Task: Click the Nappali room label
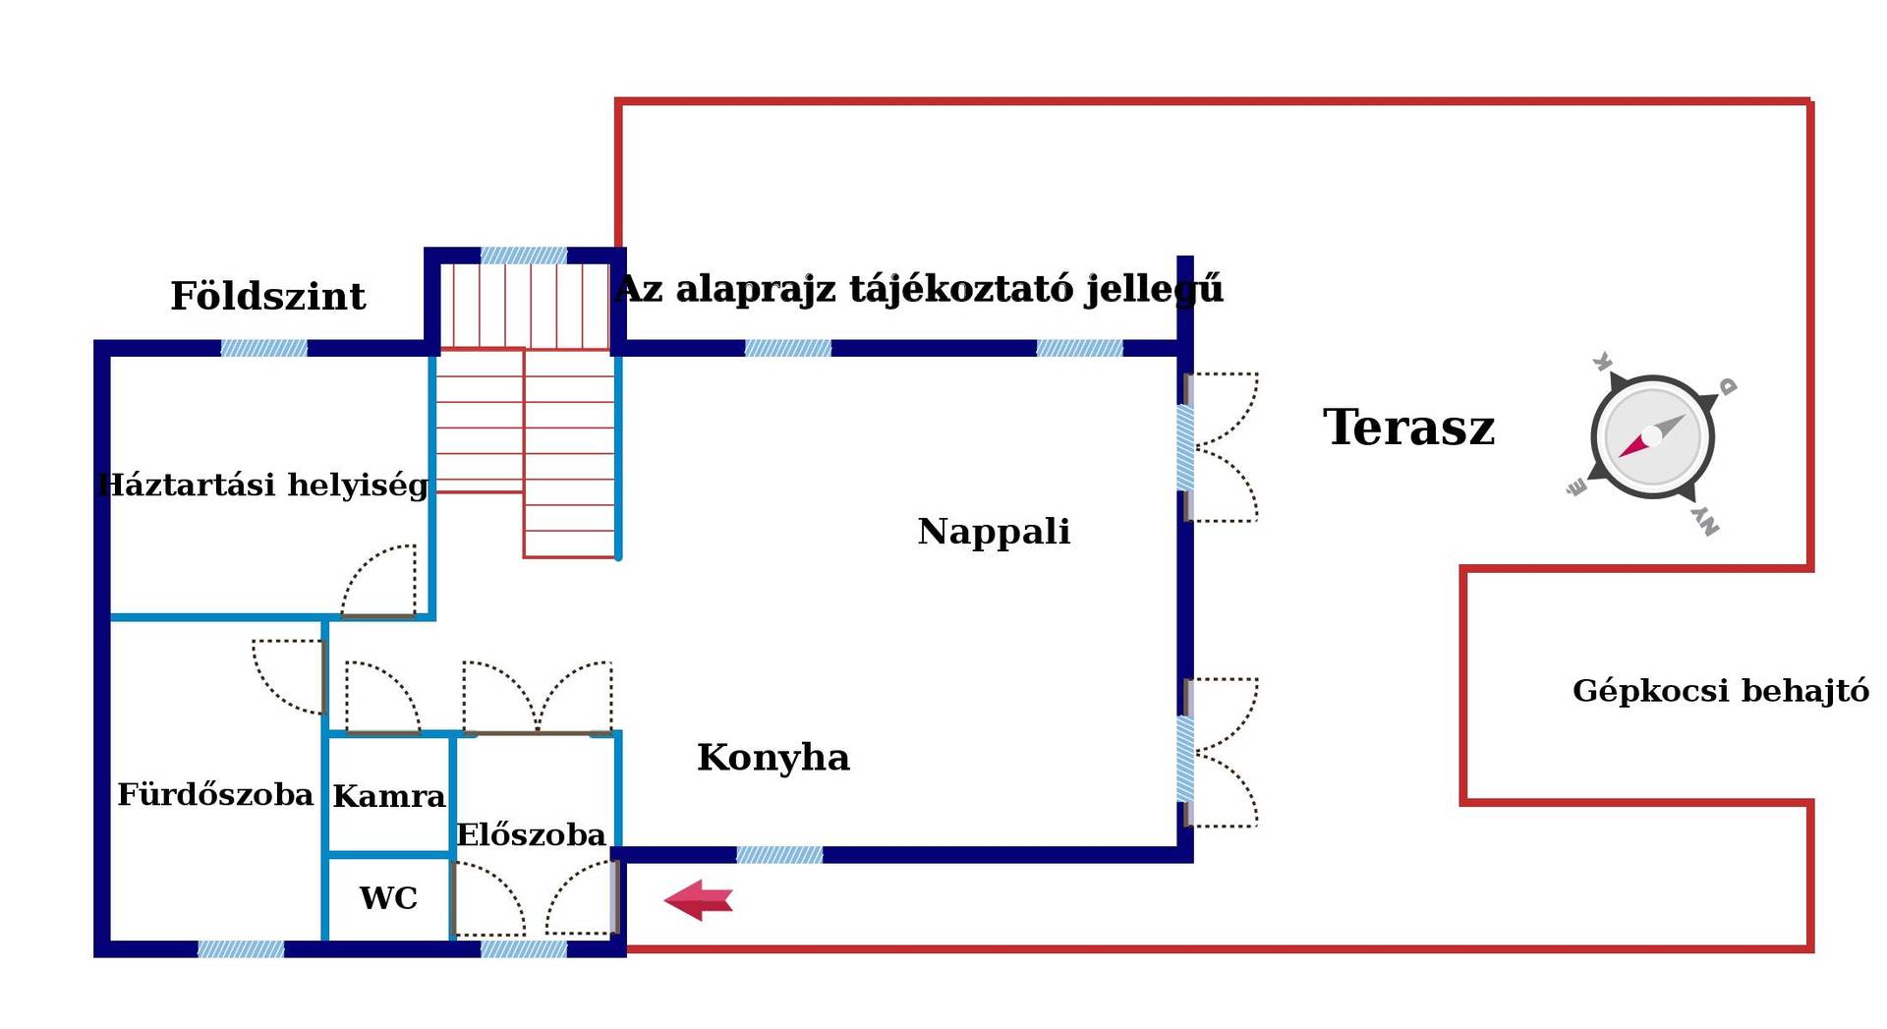994,532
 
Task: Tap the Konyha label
773,758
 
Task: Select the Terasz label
1408,428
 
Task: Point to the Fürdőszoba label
215,794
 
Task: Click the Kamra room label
389,796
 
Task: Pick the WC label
388,898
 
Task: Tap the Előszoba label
531,834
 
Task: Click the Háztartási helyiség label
263,486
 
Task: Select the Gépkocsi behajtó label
1721,691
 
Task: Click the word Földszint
267,296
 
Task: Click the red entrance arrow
699,900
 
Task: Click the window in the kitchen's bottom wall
779,855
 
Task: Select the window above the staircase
524,256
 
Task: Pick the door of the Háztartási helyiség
378,582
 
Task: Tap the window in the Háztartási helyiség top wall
263,348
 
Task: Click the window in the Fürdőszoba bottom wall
241,949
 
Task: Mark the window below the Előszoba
524,949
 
